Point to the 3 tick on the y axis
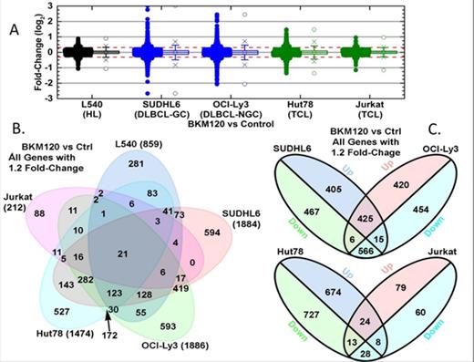point(40,6)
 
